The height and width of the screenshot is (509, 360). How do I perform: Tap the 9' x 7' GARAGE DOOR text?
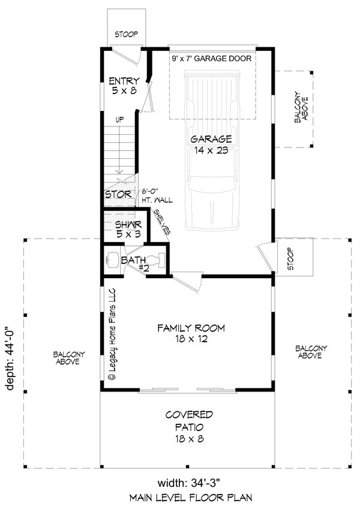pyautogui.click(x=211, y=59)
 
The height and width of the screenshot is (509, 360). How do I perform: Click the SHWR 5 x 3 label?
pyautogui.click(x=127, y=229)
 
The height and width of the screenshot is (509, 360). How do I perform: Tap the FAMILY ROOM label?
pyautogui.click(x=191, y=333)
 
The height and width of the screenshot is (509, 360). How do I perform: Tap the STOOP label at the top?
pyautogui.click(x=125, y=35)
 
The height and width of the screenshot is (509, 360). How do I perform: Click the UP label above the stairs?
pyautogui.click(x=120, y=120)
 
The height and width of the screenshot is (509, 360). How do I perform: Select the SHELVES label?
pyautogui.click(x=162, y=222)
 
